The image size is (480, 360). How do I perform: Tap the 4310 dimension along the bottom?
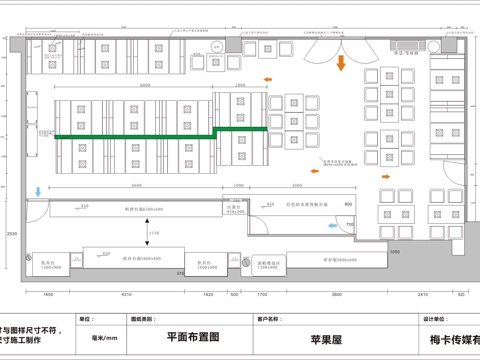coord(126,296)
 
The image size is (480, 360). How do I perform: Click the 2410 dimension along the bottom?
coord(423,296)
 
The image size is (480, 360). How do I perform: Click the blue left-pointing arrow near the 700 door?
coord(334,225)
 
